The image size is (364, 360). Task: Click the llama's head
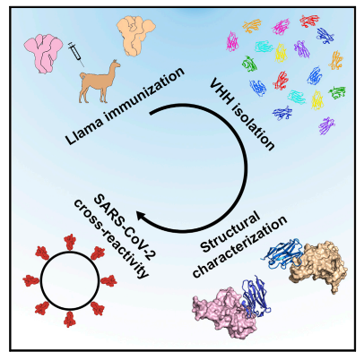tap(114, 65)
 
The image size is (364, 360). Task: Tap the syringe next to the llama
tap(76, 54)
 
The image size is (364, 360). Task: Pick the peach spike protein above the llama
tap(136, 36)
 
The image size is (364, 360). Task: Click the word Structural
tap(230, 232)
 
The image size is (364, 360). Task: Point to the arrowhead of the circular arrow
tap(143, 217)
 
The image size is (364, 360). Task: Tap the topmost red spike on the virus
tap(70, 242)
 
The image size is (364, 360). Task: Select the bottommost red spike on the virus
tap(70, 320)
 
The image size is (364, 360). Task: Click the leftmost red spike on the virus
tap(31, 281)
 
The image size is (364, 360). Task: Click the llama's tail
tap(82, 77)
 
